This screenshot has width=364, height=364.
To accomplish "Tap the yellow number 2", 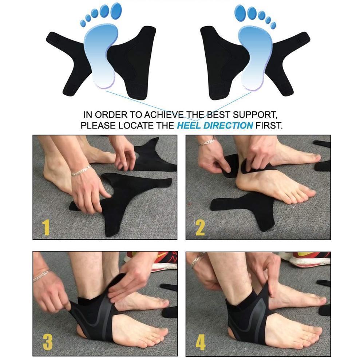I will pos(200,227).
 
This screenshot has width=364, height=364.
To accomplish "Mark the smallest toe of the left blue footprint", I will pos(83,23).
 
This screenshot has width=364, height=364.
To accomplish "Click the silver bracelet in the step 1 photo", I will pos(81,170).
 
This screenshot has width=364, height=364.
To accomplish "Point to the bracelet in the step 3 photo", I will pos(41,276).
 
